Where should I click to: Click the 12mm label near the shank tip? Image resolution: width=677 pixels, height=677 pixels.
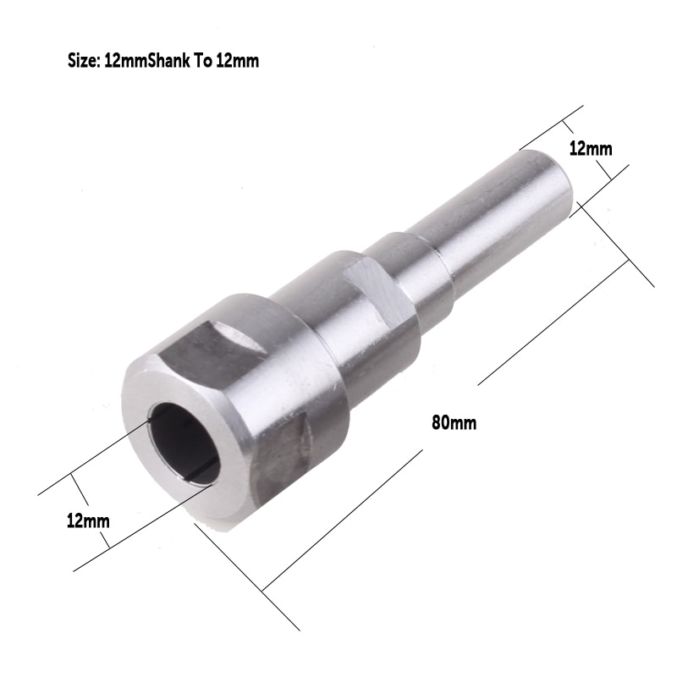coord(591,148)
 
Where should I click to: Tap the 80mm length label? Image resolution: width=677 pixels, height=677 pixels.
coord(454,422)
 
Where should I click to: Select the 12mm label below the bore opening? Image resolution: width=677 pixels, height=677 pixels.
coord(88,520)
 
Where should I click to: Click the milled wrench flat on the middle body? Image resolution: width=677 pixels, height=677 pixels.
coord(372,292)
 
